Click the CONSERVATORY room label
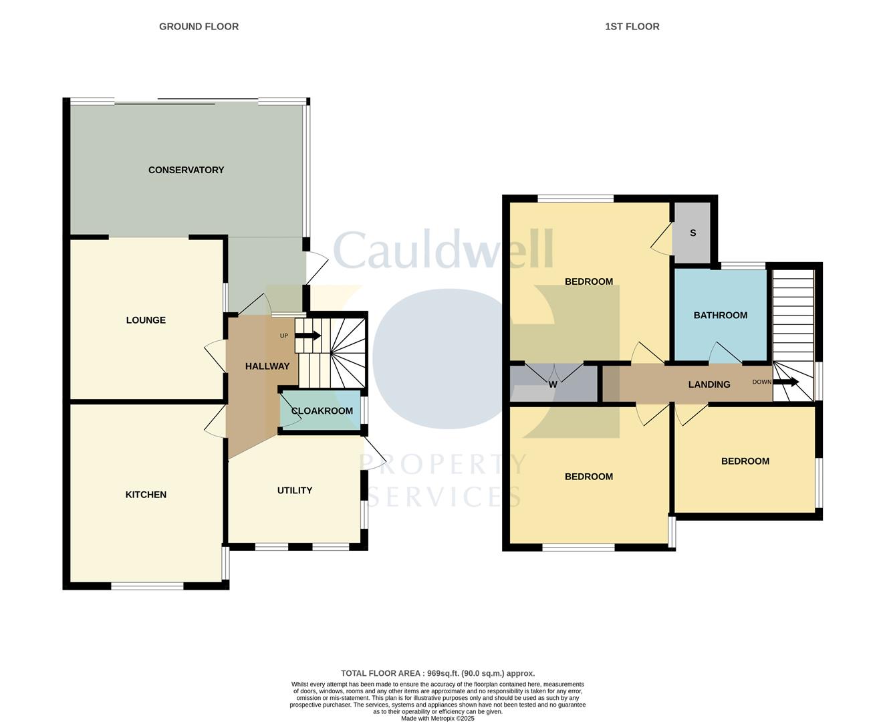[186, 170]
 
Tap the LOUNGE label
[146, 320]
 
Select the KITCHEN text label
[146, 495]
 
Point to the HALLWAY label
[267, 366]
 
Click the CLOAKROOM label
[322, 411]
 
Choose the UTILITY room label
[295, 491]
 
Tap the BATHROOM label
[720, 316]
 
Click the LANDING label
[709, 384]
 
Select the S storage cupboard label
[692, 233]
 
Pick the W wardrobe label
[553, 384]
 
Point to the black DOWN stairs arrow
[786, 382]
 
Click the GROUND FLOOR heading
[199, 27]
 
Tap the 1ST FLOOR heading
[632, 27]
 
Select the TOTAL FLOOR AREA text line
[438, 674]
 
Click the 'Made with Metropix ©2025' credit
[438, 719]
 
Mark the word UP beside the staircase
[284, 336]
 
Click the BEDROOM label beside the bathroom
[588, 282]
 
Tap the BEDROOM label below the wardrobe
[588, 477]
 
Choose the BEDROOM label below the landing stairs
[745, 461]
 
